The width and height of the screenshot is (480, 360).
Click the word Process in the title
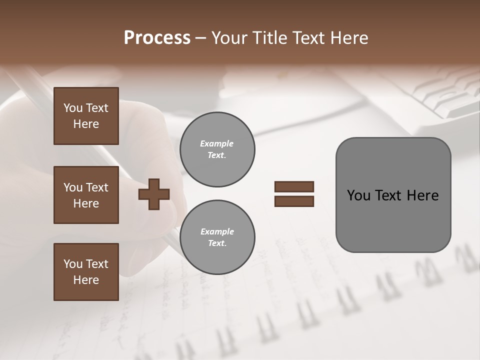pyautogui.click(x=157, y=38)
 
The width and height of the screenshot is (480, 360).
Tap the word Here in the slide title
pyautogui.click(x=348, y=38)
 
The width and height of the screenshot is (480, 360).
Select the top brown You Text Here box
pyautogui.click(x=86, y=116)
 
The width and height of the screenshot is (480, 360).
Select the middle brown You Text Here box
pyautogui.click(x=86, y=195)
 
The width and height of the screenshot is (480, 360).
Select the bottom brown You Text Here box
pyautogui.click(x=86, y=272)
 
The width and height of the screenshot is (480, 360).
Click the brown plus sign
pyautogui.click(x=154, y=194)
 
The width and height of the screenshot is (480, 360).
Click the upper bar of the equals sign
pyautogui.click(x=294, y=186)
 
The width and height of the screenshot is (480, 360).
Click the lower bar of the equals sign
pyautogui.click(x=294, y=201)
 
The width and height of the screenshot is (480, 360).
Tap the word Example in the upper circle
pyautogui.click(x=217, y=143)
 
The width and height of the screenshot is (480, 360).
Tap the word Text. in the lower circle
pyautogui.click(x=217, y=243)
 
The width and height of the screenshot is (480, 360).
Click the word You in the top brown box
pyautogui.click(x=72, y=108)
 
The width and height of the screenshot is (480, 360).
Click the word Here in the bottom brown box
pyautogui.click(x=86, y=280)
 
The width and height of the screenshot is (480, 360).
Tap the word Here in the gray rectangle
pyautogui.click(x=422, y=195)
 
